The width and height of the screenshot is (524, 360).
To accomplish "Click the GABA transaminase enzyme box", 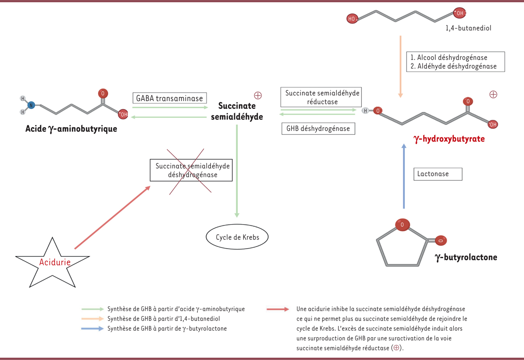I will click(x=169, y=98).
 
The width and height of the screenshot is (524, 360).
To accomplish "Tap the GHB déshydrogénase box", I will click(x=318, y=128).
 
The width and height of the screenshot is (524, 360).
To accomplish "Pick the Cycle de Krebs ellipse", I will click(x=237, y=237).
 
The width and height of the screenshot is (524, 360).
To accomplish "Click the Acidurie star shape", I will click(x=53, y=263).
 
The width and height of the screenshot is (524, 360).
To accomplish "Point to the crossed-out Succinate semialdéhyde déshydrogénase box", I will click(x=191, y=170).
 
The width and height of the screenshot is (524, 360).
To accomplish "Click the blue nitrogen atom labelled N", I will click(x=31, y=105).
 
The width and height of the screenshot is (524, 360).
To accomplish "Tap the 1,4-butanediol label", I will click(x=469, y=28).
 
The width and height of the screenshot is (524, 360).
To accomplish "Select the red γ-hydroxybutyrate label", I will click(x=449, y=139).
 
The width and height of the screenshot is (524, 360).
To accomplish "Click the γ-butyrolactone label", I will click(x=466, y=257).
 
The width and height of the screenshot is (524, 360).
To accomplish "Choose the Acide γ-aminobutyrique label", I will click(x=71, y=129).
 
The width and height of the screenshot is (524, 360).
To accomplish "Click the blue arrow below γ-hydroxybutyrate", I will click(x=404, y=177).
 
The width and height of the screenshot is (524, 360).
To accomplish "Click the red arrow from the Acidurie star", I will click(x=112, y=218).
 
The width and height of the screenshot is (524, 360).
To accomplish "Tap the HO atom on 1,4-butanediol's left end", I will click(x=352, y=18).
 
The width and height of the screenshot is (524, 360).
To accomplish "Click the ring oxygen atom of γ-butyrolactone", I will click(x=402, y=225).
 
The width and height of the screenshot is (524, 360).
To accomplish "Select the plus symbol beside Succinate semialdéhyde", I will click(x=258, y=95).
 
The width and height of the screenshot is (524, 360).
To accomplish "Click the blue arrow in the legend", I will click(x=93, y=329).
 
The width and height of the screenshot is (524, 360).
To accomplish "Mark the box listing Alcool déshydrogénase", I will click(x=456, y=62).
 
